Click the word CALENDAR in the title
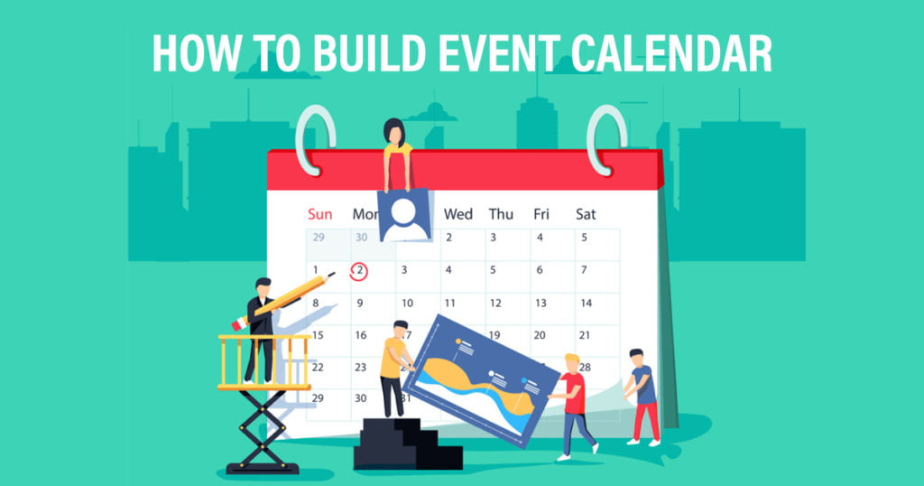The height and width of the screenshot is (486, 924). [671, 53]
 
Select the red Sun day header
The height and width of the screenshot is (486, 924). [320, 214]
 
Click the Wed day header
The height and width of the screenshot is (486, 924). [457, 214]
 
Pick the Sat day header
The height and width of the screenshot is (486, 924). [586, 214]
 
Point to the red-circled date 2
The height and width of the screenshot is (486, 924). [359, 271]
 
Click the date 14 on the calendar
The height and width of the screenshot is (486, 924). [586, 304]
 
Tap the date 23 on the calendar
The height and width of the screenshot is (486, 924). [361, 367]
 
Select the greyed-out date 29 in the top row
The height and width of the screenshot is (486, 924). [319, 237]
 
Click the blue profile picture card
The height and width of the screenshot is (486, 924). [403, 215]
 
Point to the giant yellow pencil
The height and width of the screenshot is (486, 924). [282, 300]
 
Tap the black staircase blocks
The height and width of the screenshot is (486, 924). [407, 444]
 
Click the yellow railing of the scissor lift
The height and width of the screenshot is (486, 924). [264, 362]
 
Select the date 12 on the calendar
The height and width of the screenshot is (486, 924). [495, 304]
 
